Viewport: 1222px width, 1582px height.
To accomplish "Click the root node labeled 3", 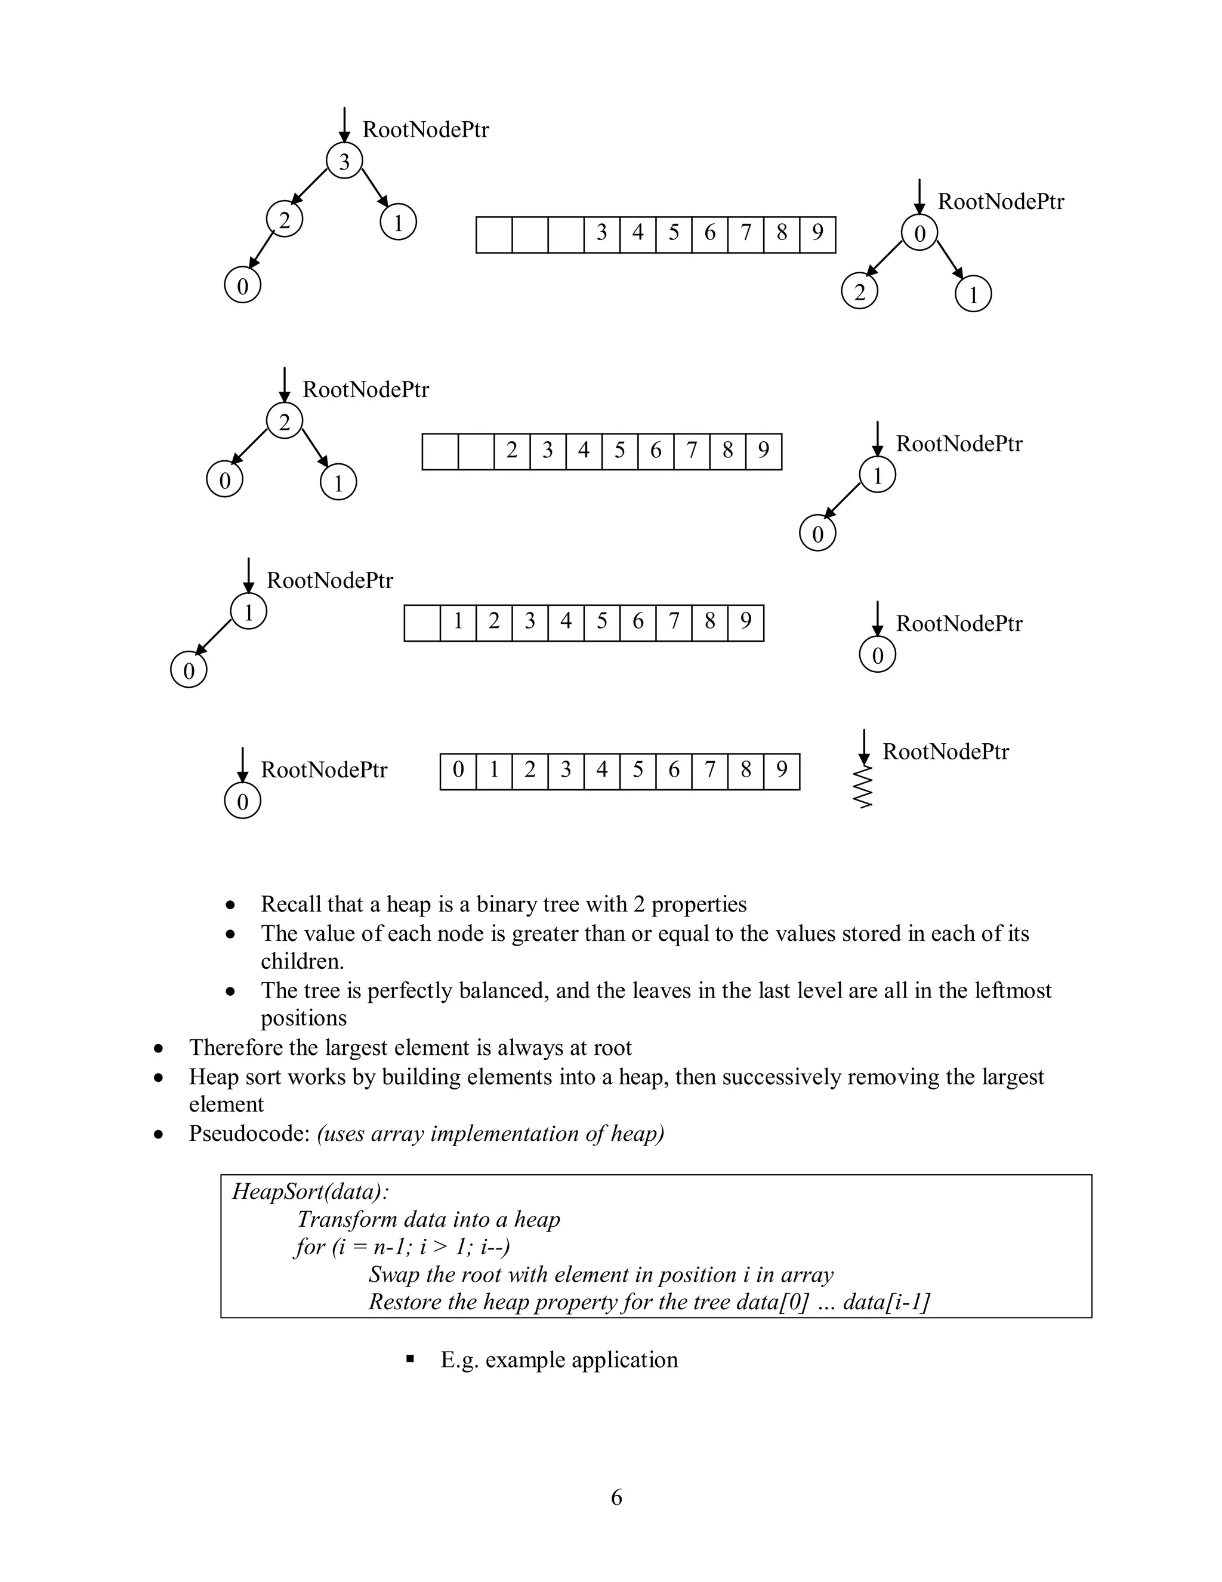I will pos(344,161).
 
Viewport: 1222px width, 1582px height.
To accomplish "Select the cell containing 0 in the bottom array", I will pos(458,771).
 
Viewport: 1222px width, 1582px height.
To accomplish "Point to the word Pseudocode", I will pos(249,1134).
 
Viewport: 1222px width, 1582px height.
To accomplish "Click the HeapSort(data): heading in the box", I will pos(310,1192).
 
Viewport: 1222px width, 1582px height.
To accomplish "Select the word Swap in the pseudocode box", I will pos(393,1275).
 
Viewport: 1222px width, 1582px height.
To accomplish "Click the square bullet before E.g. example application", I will pos(411,1359).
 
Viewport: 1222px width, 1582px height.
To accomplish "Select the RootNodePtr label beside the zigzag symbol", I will pos(946,752).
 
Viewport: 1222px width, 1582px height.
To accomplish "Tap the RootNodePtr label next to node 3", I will pos(425,130).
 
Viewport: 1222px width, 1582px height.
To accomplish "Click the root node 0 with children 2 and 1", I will pos(919,233).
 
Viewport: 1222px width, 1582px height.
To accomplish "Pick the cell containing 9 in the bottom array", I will pos(782,771).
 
